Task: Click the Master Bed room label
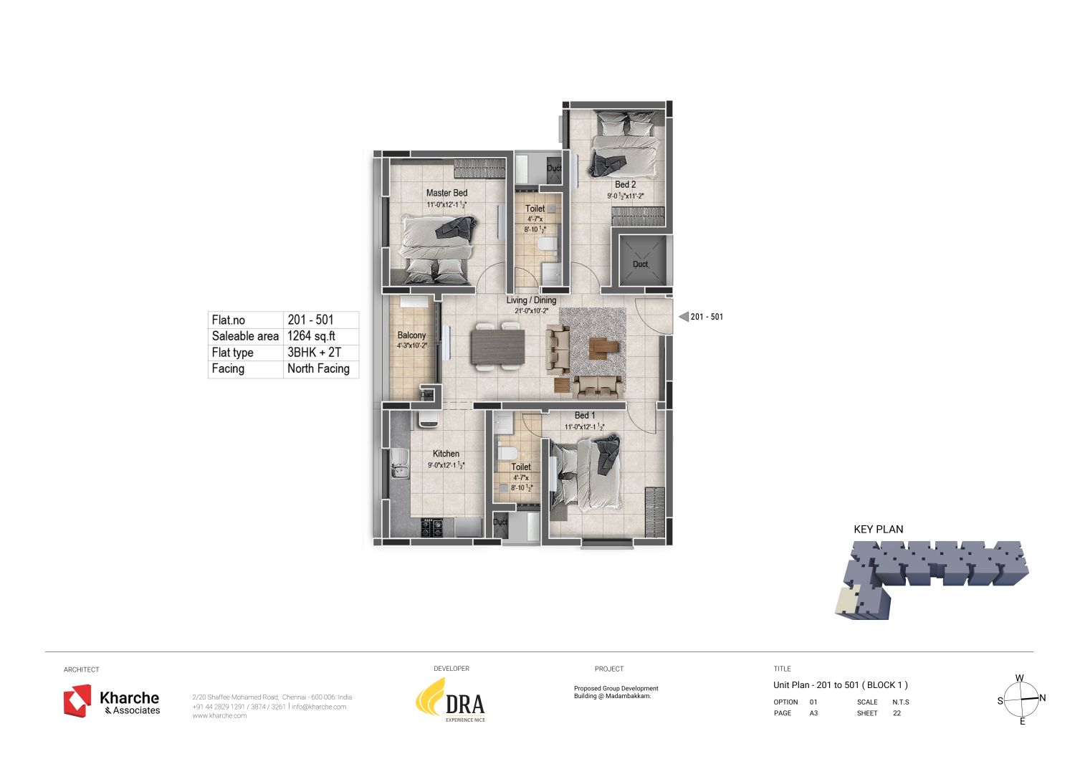(446, 193)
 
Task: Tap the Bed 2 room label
(625, 184)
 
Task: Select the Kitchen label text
(446, 454)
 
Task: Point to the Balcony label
(411, 335)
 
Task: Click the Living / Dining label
(531, 300)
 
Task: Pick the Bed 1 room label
(584, 415)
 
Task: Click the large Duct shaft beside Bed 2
(640, 261)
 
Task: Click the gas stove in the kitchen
(432, 528)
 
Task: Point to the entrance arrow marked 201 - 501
(684, 317)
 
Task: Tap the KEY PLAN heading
(878, 530)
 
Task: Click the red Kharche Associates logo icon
(77, 700)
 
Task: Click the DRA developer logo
(451, 700)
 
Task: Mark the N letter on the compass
(1042, 698)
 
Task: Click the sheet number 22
(897, 713)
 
